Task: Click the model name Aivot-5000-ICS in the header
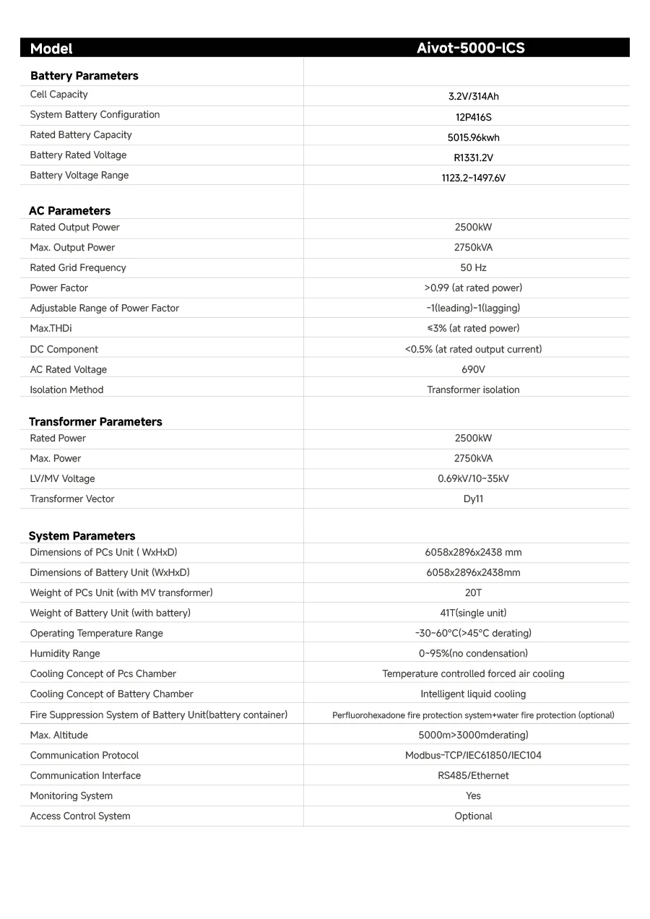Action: tap(470, 48)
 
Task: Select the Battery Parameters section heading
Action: tap(84, 76)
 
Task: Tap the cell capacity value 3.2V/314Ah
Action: tap(473, 97)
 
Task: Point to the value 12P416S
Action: tap(473, 117)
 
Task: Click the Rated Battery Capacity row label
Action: tap(81, 135)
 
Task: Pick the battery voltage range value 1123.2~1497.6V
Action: tap(473, 178)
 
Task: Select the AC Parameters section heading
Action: tap(69, 211)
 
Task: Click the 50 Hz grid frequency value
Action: tap(473, 268)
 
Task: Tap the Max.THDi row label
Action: tap(51, 329)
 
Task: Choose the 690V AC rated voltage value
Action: tap(473, 370)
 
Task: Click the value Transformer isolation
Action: tap(473, 390)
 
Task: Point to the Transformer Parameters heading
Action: tap(95, 422)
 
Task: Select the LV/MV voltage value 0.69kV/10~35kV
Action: tap(473, 479)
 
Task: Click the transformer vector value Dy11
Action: tap(473, 499)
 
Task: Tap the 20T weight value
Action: tap(473, 593)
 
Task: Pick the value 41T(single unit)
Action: tap(473, 613)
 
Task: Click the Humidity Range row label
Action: tap(65, 654)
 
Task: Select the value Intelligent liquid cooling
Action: tap(473, 694)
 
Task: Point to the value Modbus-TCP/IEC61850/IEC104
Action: tap(473, 756)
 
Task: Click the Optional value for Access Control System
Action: tap(473, 816)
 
